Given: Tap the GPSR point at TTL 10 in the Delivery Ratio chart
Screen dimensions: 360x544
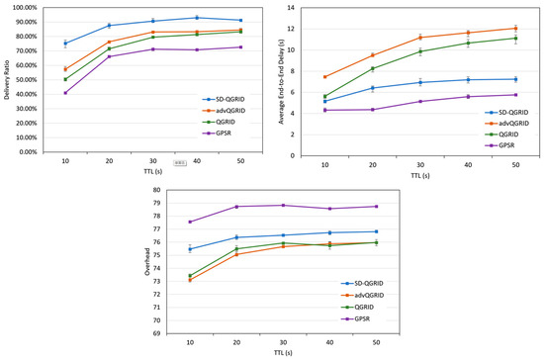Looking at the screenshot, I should point(65,93).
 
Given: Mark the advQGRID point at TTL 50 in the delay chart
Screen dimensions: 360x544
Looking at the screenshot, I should point(512,29).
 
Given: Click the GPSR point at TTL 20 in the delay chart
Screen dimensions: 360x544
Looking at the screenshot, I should point(373,109).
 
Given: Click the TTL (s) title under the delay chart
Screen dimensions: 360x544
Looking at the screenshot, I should point(419,173).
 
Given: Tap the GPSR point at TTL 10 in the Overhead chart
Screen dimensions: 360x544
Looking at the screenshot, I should point(189,222).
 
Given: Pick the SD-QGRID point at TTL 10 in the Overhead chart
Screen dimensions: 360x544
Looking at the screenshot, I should point(189,249).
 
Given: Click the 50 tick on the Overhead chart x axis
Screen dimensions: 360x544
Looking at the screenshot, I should point(375,341).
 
